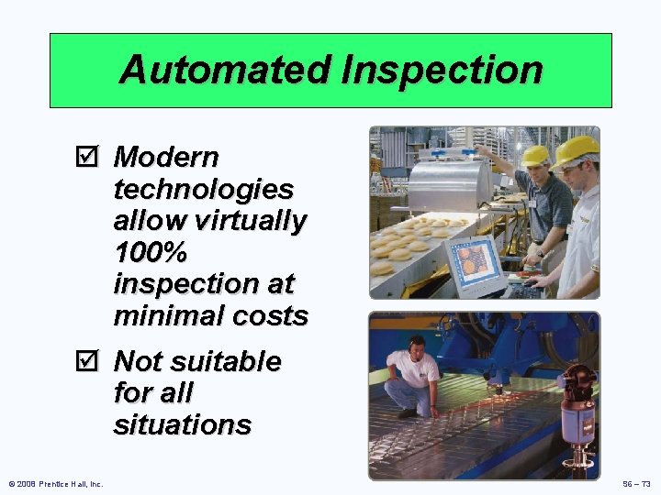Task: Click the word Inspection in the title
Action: point(441,71)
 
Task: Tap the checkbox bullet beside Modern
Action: point(88,158)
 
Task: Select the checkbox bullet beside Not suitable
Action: point(88,362)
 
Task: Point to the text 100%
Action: point(150,252)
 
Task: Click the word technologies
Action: point(203,190)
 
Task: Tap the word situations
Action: point(182,424)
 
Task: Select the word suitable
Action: point(224,362)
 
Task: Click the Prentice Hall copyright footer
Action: point(56,483)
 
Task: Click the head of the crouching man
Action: point(417,346)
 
